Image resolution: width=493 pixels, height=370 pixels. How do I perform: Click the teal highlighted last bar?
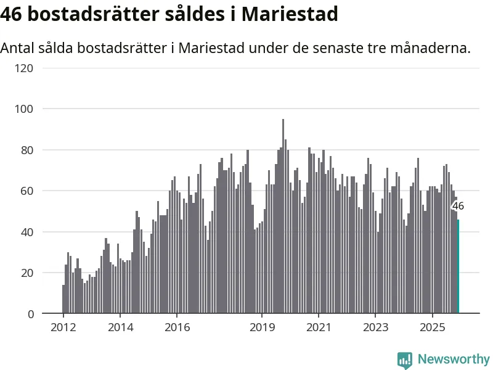tap(458, 266)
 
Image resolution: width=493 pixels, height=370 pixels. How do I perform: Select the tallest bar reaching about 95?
tap(283, 216)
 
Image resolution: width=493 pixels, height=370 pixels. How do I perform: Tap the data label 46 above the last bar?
tap(458, 207)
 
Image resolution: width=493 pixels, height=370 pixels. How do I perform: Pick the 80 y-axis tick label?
tap(26, 150)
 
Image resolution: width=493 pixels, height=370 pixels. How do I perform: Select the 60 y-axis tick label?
tap(26, 191)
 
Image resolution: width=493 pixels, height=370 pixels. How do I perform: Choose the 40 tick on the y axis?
tap(26, 232)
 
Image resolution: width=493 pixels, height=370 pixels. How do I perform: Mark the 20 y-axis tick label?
tap(26, 273)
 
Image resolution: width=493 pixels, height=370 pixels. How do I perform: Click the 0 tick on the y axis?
tap(30, 314)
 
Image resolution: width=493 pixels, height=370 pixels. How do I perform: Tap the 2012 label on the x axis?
tap(63, 327)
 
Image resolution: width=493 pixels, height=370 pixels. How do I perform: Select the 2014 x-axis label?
tap(120, 327)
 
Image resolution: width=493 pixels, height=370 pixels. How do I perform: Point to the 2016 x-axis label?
tap(177, 327)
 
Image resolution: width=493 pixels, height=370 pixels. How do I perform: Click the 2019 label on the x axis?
tap(262, 327)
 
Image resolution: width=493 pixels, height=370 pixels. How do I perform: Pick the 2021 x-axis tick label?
tap(319, 327)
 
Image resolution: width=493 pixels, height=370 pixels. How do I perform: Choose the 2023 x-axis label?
tap(375, 327)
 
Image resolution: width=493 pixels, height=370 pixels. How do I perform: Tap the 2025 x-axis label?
tap(432, 327)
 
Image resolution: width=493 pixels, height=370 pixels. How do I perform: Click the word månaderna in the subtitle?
tap(431, 47)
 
